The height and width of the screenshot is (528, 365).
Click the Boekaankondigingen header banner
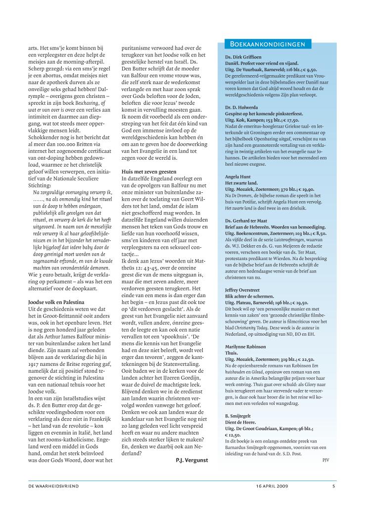[268, 44]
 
